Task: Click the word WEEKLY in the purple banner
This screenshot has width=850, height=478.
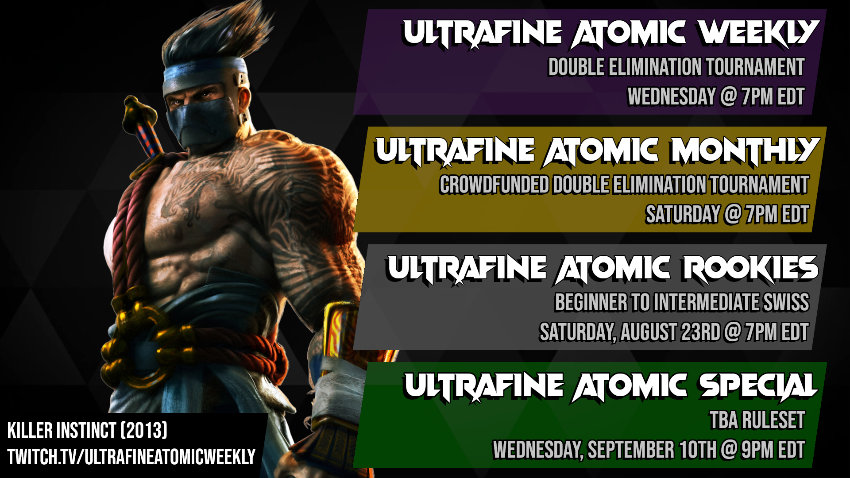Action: pos(758,33)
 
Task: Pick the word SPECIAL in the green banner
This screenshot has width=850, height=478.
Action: pos(758,386)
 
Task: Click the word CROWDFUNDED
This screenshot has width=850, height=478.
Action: pos(494,185)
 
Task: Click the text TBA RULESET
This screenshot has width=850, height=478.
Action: pos(757,420)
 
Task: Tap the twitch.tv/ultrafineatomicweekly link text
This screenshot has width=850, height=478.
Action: pos(131,457)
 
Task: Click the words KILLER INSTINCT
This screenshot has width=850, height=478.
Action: pos(62,430)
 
